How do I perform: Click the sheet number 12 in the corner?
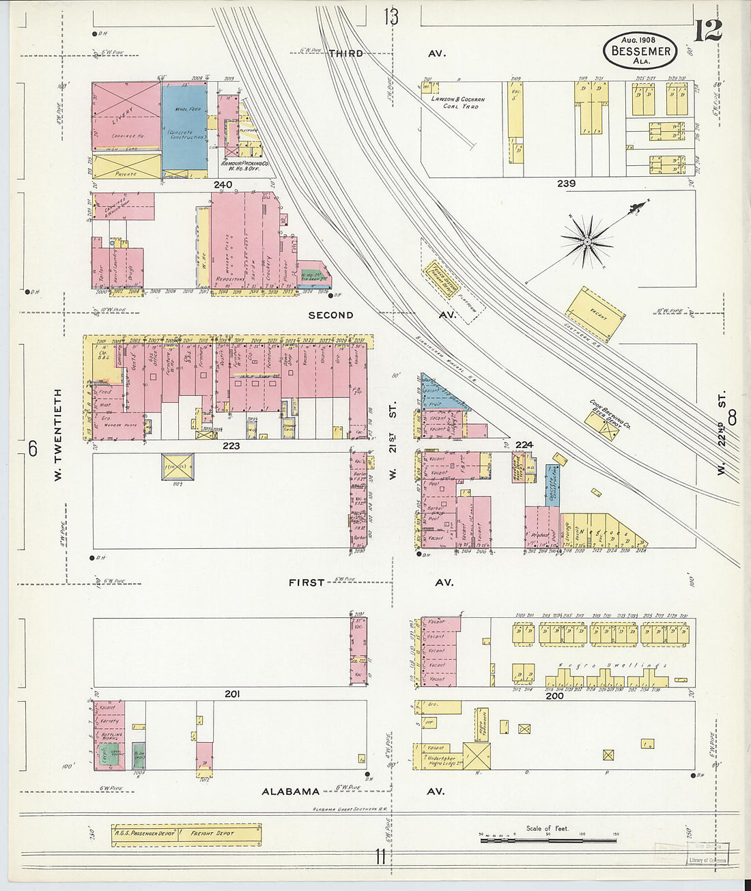pyautogui.click(x=708, y=31)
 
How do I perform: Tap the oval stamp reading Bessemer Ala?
pyautogui.click(x=640, y=51)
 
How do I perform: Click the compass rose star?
pyautogui.click(x=586, y=240)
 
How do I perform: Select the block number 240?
pyautogui.click(x=223, y=184)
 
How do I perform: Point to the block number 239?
pyautogui.click(x=566, y=183)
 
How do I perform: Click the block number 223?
pyautogui.click(x=231, y=445)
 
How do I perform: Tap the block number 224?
pyautogui.click(x=524, y=444)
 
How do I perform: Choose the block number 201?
pyautogui.click(x=232, y=694)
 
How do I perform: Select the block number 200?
pyautogui.click(x=554, y=696)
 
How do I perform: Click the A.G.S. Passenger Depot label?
pyautogui.click(x=145, y=834)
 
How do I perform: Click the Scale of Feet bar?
pyautogui.click(x=548, y=840)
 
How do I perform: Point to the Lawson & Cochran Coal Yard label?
pyautogui.click(x=457, y=102)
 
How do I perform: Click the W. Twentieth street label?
pyautogui.click(x=58, y=435)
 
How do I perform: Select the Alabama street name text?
pyautogui.click(x=291, y=791)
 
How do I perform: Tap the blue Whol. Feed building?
pyautogui.click(x=184, y=127)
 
